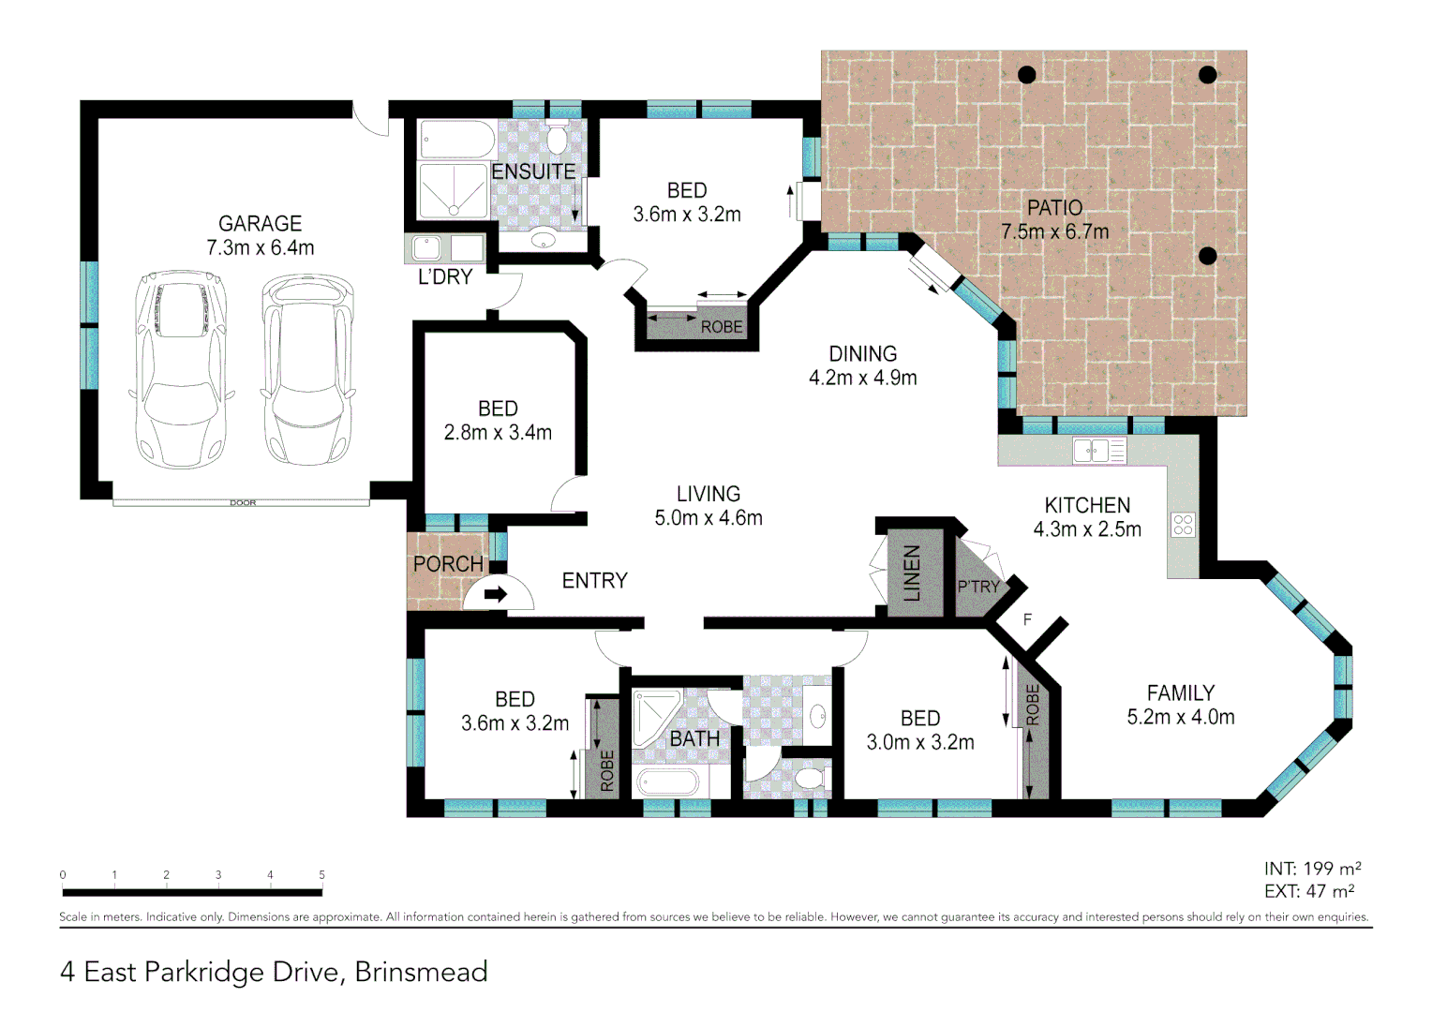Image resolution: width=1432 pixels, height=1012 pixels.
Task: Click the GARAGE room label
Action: pos(260,224)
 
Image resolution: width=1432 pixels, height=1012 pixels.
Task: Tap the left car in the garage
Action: pos(181,369)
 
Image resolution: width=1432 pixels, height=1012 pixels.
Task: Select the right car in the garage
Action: pos(307,369)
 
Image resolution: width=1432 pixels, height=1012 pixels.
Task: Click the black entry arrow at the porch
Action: pos(495,594)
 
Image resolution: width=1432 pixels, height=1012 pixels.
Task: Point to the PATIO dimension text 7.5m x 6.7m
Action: pos(1054,232)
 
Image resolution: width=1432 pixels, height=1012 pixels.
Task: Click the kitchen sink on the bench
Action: pos(1091,451)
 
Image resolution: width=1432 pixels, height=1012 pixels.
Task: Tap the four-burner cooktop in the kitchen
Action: pos(1183,525)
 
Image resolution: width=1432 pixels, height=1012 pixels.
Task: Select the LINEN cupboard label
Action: pos(912,573)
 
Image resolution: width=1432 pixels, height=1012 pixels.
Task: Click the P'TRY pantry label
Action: pos(977,587)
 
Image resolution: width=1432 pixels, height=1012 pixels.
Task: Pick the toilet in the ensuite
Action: pos(557,139)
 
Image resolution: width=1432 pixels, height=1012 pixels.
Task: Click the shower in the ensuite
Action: pos(453,191)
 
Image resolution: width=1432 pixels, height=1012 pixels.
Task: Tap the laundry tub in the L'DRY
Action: pos(427,248)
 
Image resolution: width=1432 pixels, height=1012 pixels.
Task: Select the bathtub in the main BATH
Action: pos(667,781)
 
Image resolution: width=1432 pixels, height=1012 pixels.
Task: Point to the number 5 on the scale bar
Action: pos(321,875)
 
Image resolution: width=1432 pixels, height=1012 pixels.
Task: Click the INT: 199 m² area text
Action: pos(1312,869)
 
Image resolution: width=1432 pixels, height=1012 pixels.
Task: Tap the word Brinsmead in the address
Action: pos(421,972)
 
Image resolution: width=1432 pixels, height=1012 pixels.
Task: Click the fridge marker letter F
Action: pos(1027,619)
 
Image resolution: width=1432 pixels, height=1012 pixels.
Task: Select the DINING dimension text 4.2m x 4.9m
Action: pos(862,379)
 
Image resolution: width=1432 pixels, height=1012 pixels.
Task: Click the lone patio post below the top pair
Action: pos(1208,255)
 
